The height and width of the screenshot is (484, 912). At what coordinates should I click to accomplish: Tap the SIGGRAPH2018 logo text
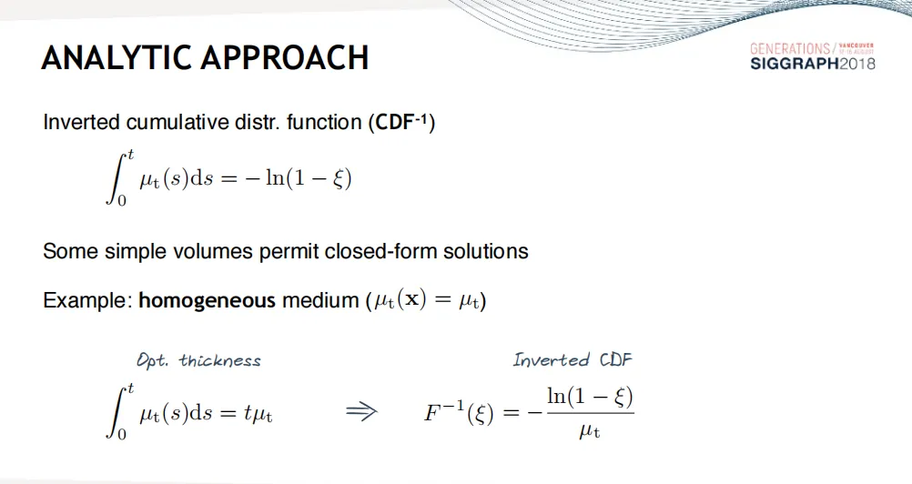pyautogui.click(x=813, y=64)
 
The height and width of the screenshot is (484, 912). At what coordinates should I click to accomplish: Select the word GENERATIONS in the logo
pyautogui.click(x=790, y=49)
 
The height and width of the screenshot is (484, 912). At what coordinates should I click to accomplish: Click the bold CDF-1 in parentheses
pyautogui.click(x=401, y=122)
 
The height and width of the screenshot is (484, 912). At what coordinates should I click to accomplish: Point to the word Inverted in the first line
pyautogui.click(x=81, y=122)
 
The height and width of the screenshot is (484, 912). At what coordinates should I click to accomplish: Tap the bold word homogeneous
pyautogui.click(x=207, y=300)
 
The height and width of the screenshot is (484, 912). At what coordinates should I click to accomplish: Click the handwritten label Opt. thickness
pyautogui.click(x=198, y=361)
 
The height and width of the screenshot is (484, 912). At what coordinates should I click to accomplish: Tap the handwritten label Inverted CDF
pyautogui.click(x=573, y=360)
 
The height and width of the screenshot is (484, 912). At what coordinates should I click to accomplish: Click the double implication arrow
pyautogui.click(x=361, y=412)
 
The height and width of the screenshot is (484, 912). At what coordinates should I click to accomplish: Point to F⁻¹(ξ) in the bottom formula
pyautogui.click(x=459, y=412)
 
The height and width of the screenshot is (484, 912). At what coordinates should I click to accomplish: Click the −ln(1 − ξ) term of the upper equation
pyautogui.click(x=299, y=178)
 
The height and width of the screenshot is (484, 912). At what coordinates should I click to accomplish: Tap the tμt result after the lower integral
pyautogui.click(x=258, y=414)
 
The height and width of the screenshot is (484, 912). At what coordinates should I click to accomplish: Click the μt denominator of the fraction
pyautogui.click(x=589, y=431)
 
